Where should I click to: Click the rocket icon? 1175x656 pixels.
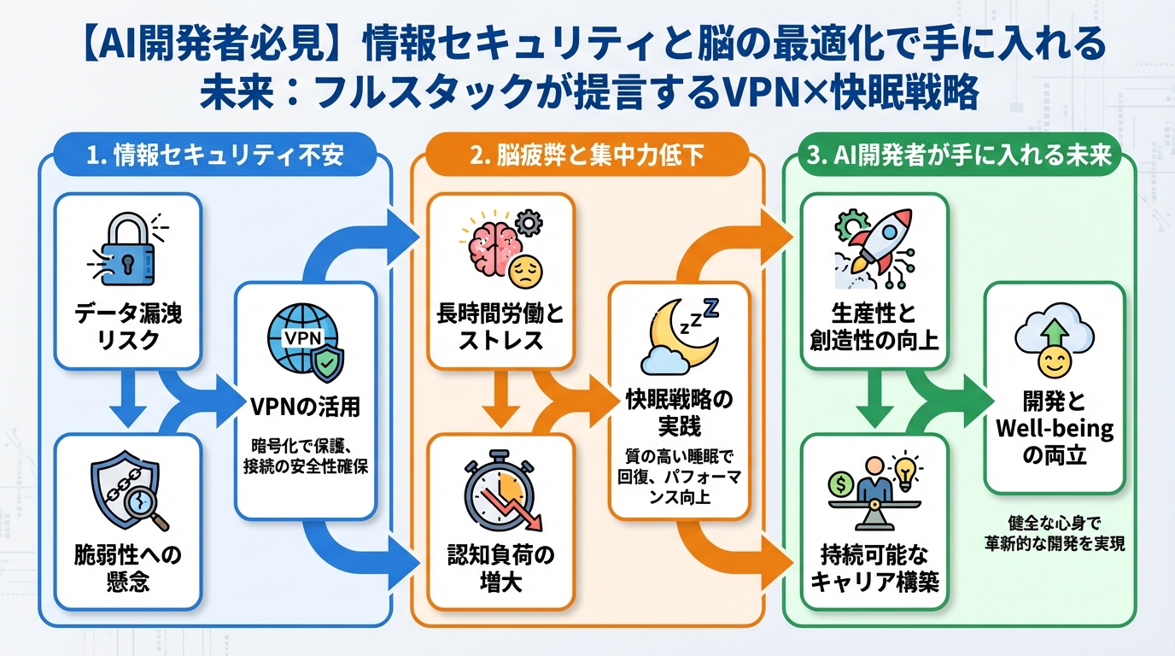(871, 243)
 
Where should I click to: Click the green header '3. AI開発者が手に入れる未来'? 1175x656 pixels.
(957, 155)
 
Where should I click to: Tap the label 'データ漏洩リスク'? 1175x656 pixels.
(127, 326)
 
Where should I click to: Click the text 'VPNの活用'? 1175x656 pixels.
(305, 407)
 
